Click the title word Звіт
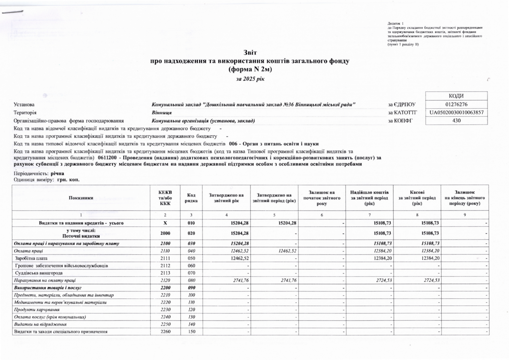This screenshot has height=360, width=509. pyautogui.click(x=250, y=53)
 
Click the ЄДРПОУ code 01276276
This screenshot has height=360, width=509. pyautogui.click(x=456, y=104)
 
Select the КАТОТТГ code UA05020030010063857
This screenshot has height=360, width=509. pyautogui.click(x=456, y=113)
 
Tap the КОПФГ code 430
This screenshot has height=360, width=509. pyautogui.click(x=456, y=121)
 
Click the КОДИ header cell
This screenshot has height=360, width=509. pyautogui.click(x=456, y=96)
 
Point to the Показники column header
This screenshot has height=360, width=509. pyautogui.click(x=81, y=198)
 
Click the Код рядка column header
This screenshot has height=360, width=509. pyautogui.click(x=191, y=198)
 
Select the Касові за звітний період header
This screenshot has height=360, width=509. pyautogui.click(x=417, y=198)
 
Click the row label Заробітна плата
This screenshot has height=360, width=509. pyautogui.click(x=31, y=258)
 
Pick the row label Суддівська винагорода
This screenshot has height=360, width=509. pyautogui.click(x=39, y=273)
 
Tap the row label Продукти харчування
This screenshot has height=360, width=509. pyautogui.click(x=37, y=310)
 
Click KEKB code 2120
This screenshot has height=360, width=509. pyautogui.click(x=165, y=281)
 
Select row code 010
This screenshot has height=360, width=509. pyautogui.click(x=191, y=223)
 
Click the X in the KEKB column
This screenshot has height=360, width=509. pyautogui.click(x=165, y=223)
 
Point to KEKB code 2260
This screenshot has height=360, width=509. pyautogui.click(x=165, y=332)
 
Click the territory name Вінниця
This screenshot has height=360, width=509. pyautogui.click(x=162, y=113)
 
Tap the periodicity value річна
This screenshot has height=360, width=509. pyautogui.click(x=57, y=174)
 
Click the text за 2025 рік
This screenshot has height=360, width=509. pyautogui.click(x=250, y=79)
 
